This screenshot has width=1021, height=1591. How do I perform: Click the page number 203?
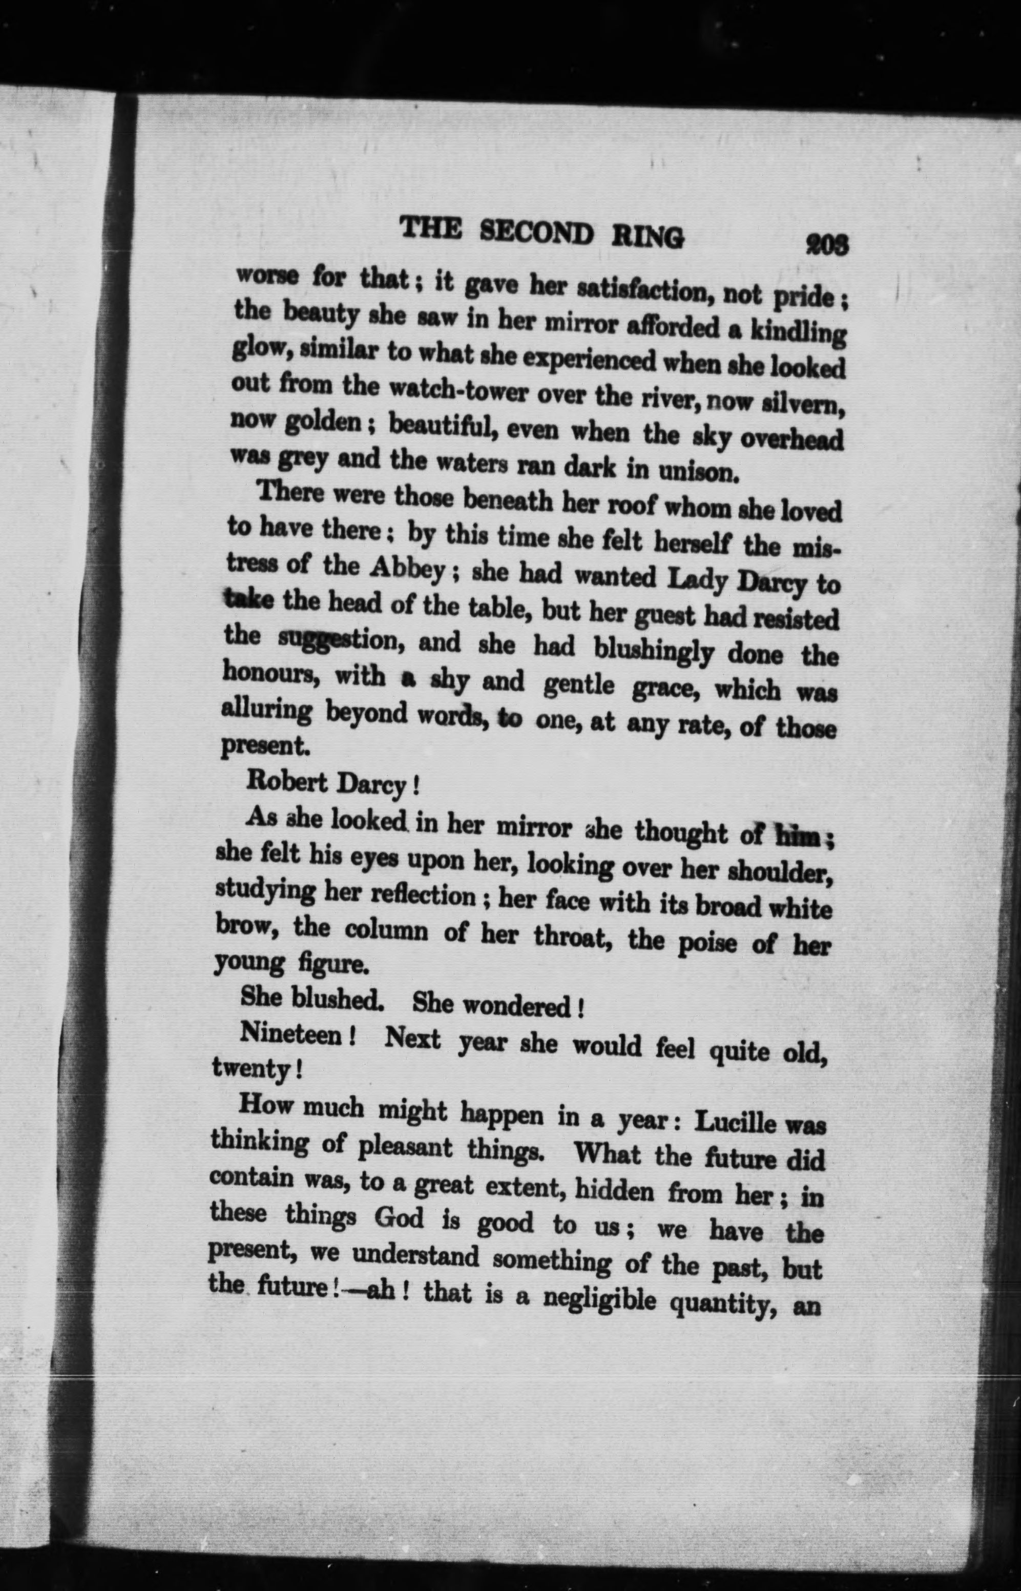826,246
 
